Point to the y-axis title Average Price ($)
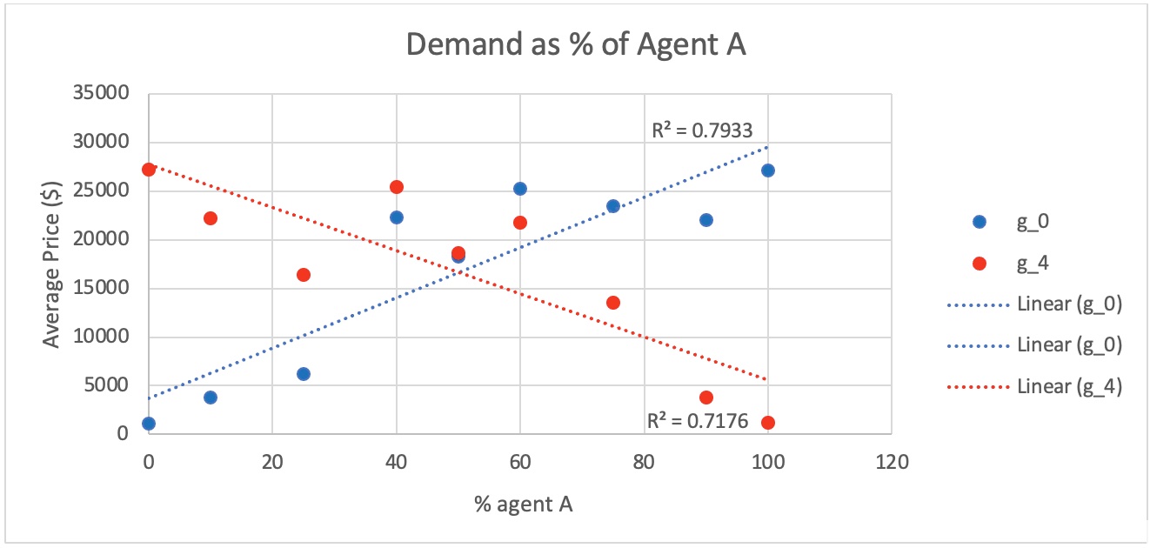[53, 264]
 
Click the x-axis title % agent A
[523, 504]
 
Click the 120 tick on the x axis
[892, 462]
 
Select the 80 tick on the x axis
[644, 462]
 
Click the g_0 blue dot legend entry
[980, 222]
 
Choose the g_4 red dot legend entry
[980, 264]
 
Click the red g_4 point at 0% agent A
[149, 170]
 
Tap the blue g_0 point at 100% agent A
[767, 170]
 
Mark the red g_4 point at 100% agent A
[767, 423]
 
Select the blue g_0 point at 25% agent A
[304, 374]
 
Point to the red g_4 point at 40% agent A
[397, 187]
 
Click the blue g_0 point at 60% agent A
[520, 189]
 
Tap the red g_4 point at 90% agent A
[705, 398]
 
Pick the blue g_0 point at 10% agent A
[211, 398]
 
